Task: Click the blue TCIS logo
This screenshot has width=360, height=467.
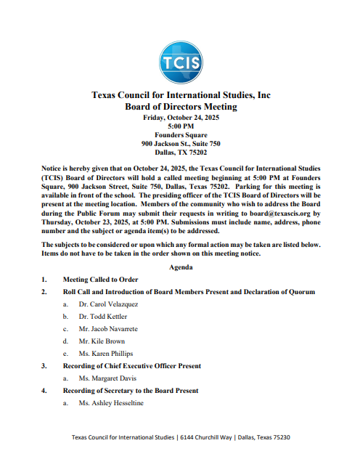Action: [181, 61]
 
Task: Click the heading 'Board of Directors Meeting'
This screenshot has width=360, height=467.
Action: [181, 107]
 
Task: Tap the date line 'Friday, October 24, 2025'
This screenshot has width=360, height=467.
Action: [181, 118]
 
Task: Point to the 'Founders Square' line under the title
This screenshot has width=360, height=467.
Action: [181, 135]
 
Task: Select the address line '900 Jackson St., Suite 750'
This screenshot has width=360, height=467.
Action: [181, 144]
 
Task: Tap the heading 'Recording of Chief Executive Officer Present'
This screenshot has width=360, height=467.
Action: [142, 365]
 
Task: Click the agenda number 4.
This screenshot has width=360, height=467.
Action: [44, 391]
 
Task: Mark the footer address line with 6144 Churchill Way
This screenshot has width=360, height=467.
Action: [181, 437]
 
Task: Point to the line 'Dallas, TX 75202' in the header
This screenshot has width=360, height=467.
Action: [181, 153]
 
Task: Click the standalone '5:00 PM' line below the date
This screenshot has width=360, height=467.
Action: [181, 126]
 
